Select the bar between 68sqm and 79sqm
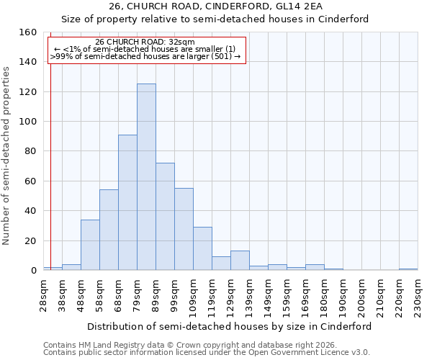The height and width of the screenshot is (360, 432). click(127, 202)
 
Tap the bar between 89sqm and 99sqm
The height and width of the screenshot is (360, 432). click(165, 217)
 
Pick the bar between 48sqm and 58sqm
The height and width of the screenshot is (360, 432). click(90, 245)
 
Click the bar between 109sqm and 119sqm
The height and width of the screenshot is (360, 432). click(202, 248)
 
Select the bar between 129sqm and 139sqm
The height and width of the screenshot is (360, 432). click(240, 261)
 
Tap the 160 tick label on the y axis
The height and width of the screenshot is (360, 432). click(28, 32)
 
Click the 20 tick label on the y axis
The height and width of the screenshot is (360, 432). click(31, 240)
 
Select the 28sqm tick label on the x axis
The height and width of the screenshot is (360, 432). click(43, 294)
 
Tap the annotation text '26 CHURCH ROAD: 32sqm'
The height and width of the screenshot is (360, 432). click(145, 42)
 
